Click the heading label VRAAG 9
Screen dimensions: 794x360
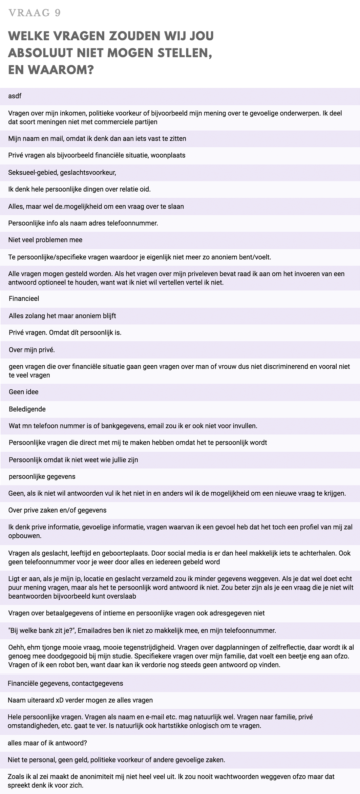[35, 13]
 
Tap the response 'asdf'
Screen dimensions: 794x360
[15, 96]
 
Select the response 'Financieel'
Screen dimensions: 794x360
[24, 299]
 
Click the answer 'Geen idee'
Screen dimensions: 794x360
[24, 392]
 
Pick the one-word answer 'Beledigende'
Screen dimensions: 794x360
[27, 409]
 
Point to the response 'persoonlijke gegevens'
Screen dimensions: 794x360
[42, 477]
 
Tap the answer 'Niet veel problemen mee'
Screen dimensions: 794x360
[45, 240]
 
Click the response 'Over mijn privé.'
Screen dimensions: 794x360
[32, 350]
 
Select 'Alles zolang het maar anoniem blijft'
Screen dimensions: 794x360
[62, 316]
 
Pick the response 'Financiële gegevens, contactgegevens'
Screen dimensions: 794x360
[65, 683]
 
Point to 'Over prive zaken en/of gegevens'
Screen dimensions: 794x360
[57, 510]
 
